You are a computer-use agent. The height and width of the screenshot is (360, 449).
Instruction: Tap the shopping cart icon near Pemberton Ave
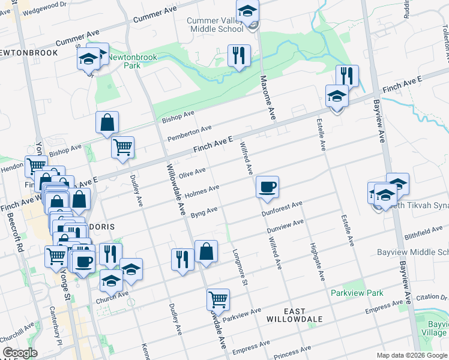(x=123, y=146)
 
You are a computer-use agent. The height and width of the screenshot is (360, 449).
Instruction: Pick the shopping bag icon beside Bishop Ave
(x=107, y=122)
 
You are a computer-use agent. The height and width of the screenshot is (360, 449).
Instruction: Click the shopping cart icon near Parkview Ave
(x=218, y=299)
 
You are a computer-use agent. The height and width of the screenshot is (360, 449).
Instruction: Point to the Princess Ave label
(x=294, y=350)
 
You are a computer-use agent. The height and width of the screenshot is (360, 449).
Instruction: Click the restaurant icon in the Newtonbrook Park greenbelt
(x=239, y=56)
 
